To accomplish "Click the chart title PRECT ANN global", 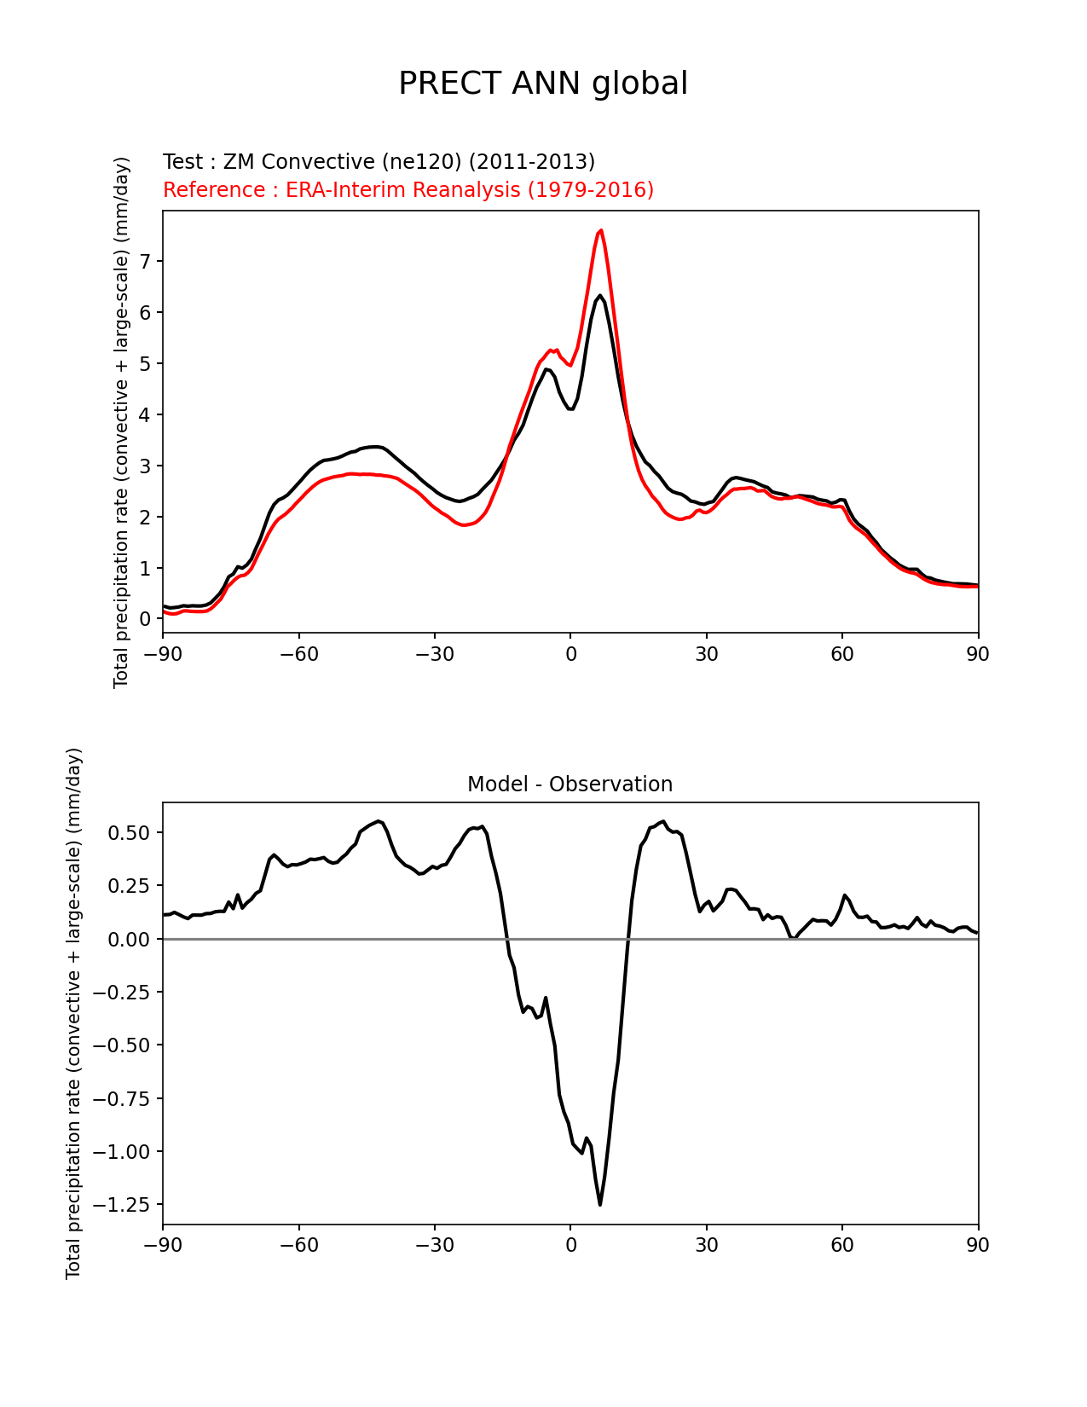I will tap(543, 84).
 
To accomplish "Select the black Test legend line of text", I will tap(379, 162).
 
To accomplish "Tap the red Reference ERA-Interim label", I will tap(408, 189).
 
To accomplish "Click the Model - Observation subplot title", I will tap(570, 785).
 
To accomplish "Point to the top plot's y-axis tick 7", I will tap(145, 261).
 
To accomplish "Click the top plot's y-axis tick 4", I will tap(145, 414).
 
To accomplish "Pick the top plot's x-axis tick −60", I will tap(298, 654).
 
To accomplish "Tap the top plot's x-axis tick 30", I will tap(706, 654).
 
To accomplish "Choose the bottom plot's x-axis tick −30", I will tap(434, 1245).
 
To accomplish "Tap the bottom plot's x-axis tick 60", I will tap(842, 1245).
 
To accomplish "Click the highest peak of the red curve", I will tap(601, 230).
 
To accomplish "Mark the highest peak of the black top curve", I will tap(600, 296).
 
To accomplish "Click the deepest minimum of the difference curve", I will tap(600, 1204).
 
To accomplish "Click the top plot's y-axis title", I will tap(121, 422).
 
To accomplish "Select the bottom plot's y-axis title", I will tap(74, 1013).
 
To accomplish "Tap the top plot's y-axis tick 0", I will tap(145, 619).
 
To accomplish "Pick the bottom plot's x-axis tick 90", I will tap(978, 1245).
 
